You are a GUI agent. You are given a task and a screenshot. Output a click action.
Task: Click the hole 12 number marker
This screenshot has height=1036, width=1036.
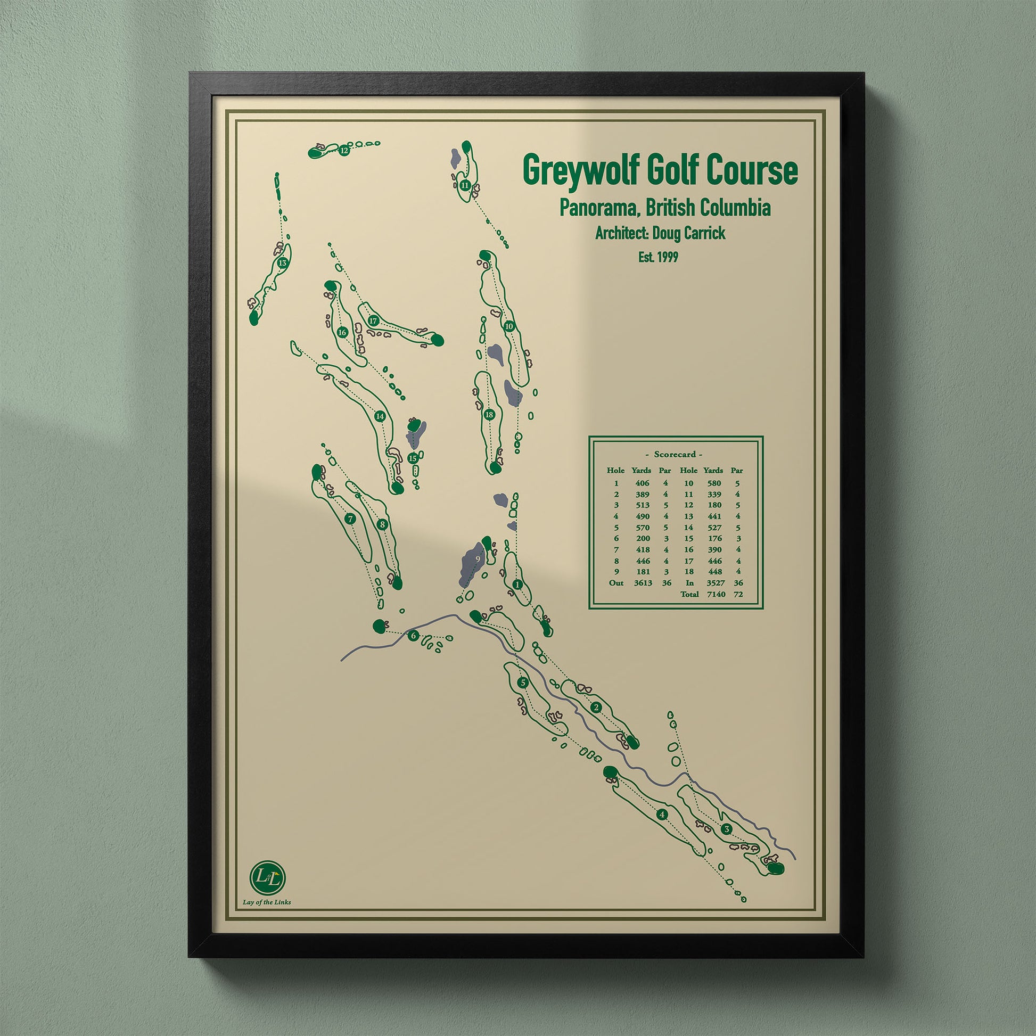point(344,151)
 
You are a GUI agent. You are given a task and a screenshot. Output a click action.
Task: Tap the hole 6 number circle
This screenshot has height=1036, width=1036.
point(413,637)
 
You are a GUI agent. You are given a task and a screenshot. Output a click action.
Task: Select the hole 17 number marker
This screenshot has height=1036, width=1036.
point(374,320)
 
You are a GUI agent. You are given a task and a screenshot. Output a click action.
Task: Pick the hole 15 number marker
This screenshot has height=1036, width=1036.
point(413,458)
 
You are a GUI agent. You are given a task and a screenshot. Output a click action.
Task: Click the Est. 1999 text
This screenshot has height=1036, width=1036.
point(658,257)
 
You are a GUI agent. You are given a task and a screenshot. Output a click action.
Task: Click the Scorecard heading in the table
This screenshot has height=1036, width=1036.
point(675,454)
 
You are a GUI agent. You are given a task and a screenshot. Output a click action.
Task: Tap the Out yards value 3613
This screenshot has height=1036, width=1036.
point(642,583)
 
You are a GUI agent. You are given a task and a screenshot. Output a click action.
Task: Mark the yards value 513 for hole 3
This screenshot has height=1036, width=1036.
point(642,505)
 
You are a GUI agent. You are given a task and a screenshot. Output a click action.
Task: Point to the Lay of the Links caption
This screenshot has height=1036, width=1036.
point(267,902)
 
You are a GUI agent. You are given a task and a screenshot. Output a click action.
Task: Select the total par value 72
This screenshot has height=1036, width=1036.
point(738,594)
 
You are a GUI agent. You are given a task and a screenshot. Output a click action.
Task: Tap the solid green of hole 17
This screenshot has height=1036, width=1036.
point(438,340)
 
